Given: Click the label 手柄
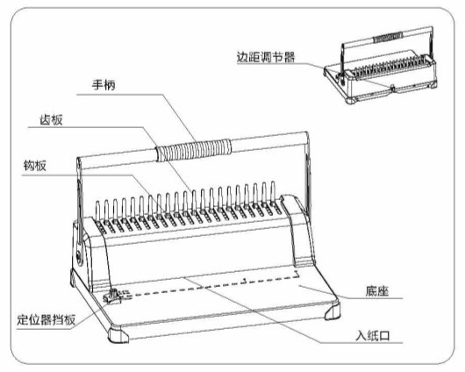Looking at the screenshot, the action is coord(104,85).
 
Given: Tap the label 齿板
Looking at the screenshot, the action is coord(51,120).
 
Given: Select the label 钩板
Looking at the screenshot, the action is coord(35,166).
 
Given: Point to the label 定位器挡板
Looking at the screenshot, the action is coord(46,319).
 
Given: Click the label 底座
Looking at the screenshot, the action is coord(377,291).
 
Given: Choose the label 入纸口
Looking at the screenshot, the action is coord(373,336).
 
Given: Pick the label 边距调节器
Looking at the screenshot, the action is coord(266,57).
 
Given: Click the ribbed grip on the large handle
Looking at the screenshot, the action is coord(194,150).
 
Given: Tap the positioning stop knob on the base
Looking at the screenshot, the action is coord(112,297).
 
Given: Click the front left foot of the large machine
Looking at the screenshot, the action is coord(118,334).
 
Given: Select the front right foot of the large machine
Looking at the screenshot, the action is coord(333,311).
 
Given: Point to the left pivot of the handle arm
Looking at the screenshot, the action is coord(79,255).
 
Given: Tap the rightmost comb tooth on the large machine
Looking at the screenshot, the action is coord(273,192).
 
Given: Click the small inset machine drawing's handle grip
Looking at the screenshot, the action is coord(388,38).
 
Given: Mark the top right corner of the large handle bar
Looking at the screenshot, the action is coord(307,132).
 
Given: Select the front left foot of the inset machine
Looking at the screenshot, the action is coord(352,100).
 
